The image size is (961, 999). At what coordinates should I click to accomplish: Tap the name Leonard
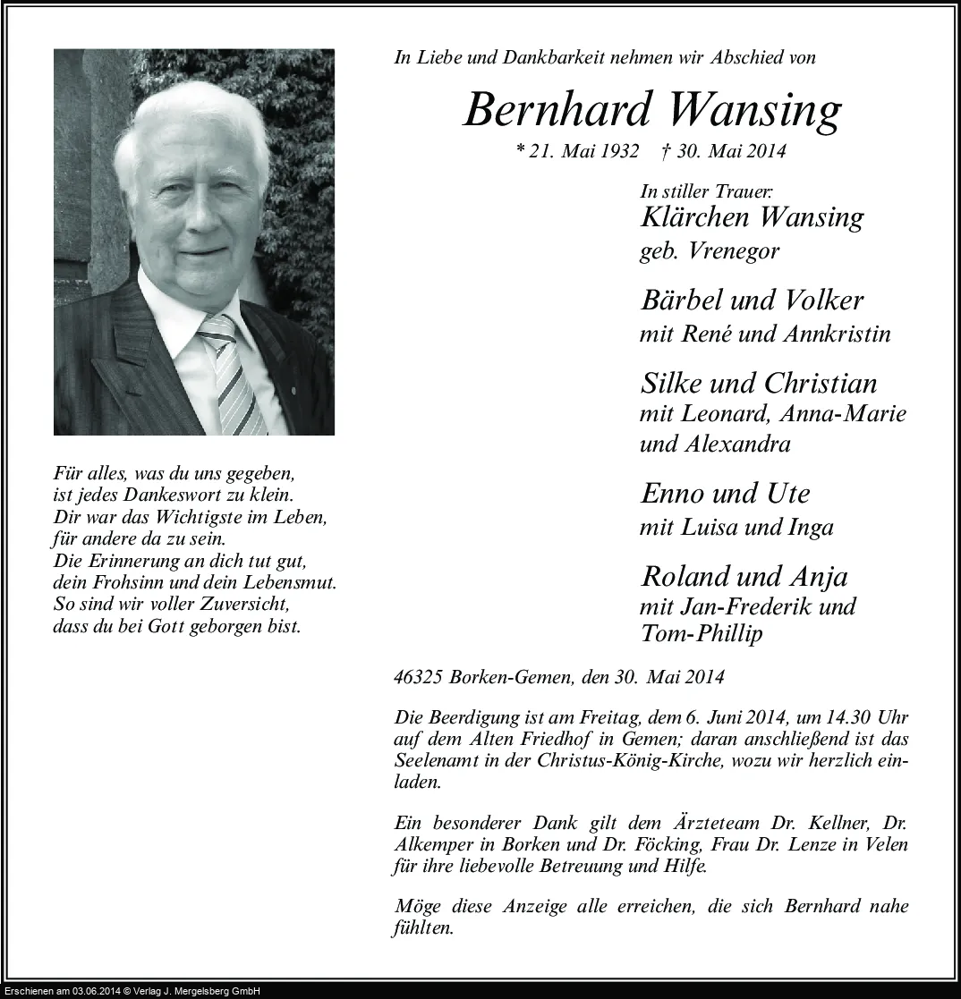(724, 414)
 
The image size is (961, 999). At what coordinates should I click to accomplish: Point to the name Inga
(811, 527)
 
